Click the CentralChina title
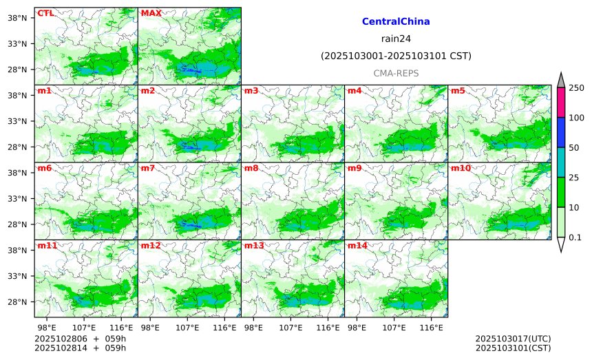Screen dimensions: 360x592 coord(396,22)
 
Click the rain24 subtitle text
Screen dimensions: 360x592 coord(396,39)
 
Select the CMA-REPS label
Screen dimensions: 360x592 coord(396,73)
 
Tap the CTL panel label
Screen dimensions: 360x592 coord(45,13)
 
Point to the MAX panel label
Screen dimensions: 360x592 coord(151,13)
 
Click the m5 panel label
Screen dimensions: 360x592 coord(458,91)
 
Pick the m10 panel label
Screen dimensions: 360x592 coord(461,168)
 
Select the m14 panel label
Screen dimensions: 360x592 coord(357,246)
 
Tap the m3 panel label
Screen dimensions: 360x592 coord(251,91)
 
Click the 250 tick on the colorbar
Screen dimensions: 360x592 coord(576,87)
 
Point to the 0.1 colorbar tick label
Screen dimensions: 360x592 coord(576,237)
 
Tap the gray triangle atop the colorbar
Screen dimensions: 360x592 coord(561,80)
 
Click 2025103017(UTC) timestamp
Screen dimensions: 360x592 coord(513,339)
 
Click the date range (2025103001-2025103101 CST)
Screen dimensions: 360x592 coord(396,56)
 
